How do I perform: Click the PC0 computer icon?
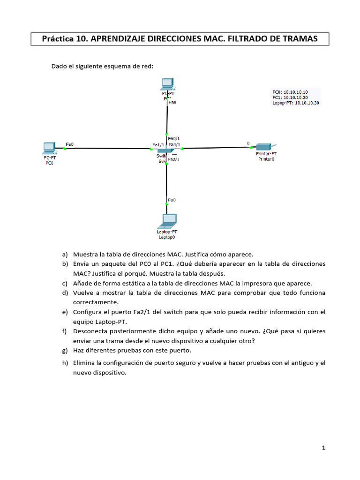[x=48, y=148]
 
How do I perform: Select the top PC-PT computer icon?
[x=167, y=84]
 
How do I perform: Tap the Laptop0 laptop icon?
[x=168, y=220]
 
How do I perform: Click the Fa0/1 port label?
[x=174, y=139]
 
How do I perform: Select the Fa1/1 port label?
[x=158, y=144]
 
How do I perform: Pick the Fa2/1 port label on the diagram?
[x=173, y=159]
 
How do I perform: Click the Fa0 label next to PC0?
[x=70, y=144]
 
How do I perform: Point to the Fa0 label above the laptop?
[x=172, y=200]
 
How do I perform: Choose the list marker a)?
[x=65, y=255]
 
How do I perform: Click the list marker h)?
[x=65, y=363]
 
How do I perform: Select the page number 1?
[x=323, y=448]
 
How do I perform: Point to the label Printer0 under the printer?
[x=266, y=159]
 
